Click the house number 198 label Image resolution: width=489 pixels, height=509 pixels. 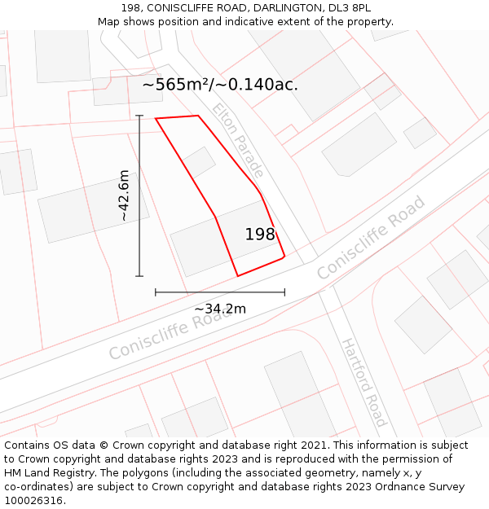tap(260, 235)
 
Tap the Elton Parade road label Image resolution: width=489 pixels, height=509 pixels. tap(238, 140)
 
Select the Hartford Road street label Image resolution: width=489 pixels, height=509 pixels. tap(363, 382)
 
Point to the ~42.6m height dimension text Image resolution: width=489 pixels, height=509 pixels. tap(123, 195)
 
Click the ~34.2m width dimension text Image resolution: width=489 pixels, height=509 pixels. tap(220, 309)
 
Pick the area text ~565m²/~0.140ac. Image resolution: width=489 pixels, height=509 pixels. tap(220, 84)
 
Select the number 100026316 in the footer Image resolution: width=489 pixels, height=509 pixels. tap(35, 501)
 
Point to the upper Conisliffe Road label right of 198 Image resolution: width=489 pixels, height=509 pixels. tap(372, 238)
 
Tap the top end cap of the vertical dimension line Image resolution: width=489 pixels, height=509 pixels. tap(139, 116)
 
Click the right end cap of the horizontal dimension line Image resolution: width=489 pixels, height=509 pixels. tap(284, 292)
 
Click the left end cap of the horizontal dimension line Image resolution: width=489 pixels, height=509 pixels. tap(156, 292)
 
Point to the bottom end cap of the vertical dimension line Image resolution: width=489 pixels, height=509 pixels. tap(139, 276)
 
